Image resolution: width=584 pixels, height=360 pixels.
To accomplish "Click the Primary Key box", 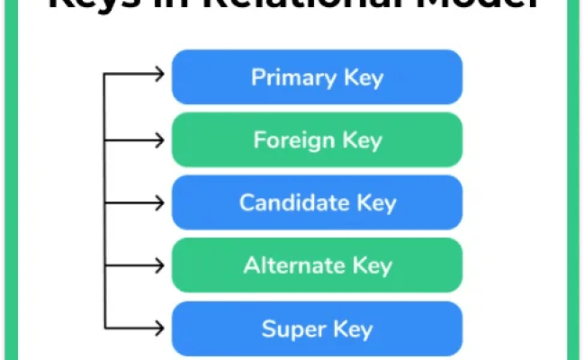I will pyautogui.click(x=317, y=77).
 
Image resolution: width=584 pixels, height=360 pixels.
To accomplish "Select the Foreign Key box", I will pyautogui.click(x=317, y=140).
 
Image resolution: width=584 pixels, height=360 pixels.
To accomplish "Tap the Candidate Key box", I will pyautogui.click(x=317, y=202).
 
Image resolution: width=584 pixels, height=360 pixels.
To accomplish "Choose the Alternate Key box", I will pyautogui.click(x=317, y=265).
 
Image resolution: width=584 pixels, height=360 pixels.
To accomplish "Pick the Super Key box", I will pyautogui.click(x=317, y=328).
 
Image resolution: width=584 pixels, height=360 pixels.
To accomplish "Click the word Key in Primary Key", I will pyautogui.click(x=363, y=77).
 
